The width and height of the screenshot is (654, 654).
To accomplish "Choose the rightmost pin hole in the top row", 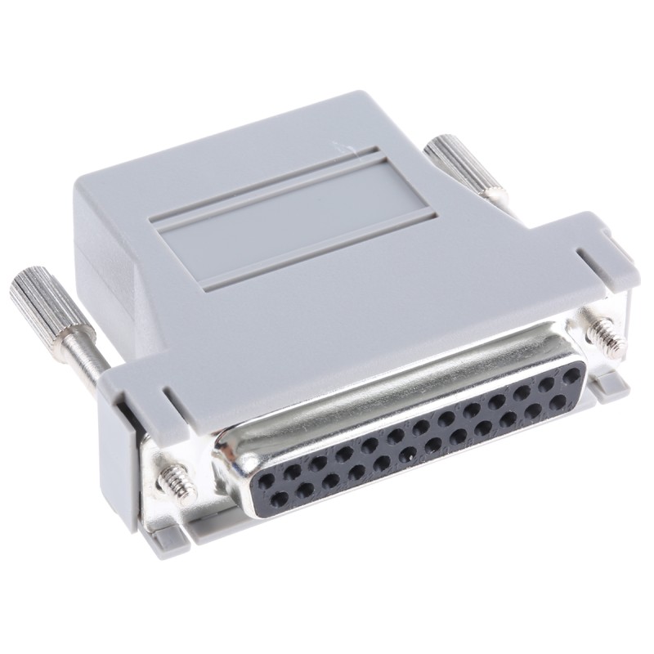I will point(570,373).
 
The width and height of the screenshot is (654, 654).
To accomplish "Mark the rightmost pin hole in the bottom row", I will point(558,402).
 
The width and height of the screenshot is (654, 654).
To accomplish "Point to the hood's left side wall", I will point(106,270).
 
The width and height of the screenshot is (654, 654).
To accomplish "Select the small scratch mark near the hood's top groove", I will point(343,148).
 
